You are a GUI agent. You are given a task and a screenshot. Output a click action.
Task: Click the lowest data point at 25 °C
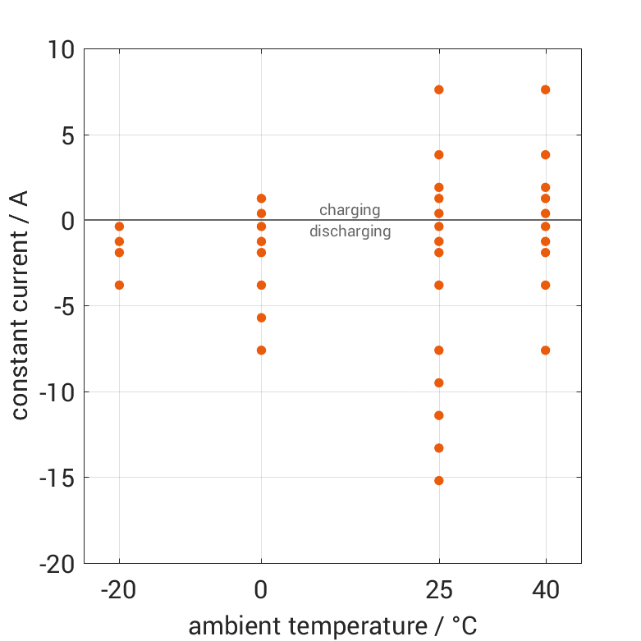(x=439, y=480)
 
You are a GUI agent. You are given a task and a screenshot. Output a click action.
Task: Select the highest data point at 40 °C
(x=545, y=89)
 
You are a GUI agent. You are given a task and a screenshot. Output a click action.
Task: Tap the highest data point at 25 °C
(x=439, y=89)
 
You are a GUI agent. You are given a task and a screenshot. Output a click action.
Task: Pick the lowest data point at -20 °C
(x=119, y=285)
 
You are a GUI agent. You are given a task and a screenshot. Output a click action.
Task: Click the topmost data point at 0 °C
(x=261, y=199)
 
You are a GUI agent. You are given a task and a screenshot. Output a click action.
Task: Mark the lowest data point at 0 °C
(x=261, y=350)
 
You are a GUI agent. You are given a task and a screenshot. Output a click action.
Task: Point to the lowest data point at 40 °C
(x=545, y=350)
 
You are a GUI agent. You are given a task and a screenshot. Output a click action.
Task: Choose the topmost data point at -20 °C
(x=119, y=227)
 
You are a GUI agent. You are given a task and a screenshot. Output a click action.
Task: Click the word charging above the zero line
(x=350, y=210)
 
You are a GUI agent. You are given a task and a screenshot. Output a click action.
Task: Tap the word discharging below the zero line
(x=350, y=231)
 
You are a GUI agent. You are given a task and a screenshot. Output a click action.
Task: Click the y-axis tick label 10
(x=59, y=50)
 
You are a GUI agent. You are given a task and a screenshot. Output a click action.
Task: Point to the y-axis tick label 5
(x=66, y=135)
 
